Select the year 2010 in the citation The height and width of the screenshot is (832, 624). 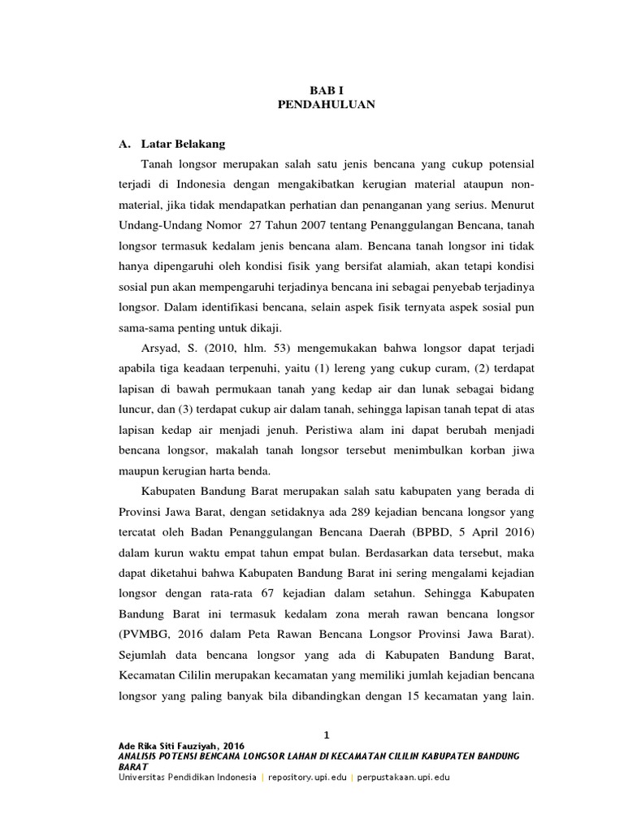pyautogui.click(x=219, y=349)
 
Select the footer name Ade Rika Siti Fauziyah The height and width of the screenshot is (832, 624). pyautogui.click(x=170, y=746)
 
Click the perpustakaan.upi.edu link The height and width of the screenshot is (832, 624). pyautogui.click(x=403, y=777)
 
